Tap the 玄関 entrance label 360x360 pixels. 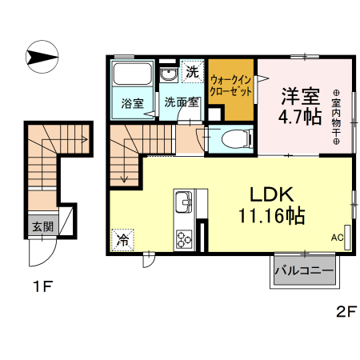point(42,226)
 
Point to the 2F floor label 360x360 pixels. point(345,312)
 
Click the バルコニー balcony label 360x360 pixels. point(304,271)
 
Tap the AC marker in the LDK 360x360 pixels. point(338,238)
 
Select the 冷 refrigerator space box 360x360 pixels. point(123,238)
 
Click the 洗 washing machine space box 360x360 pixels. point(192,70)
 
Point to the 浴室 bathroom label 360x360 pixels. point(132,103)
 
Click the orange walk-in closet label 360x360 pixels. point(232,85)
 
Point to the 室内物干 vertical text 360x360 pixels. point(337,115)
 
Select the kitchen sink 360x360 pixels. point(182,200)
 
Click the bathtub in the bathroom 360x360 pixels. point(131,78)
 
